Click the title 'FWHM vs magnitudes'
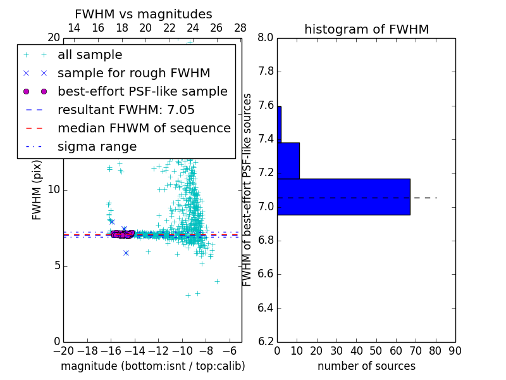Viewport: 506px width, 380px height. point(144,14)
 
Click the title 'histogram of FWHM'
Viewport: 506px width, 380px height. point(366,29)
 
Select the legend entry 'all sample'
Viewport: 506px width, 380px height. point(90,55)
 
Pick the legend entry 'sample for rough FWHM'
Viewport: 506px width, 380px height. point(133,73)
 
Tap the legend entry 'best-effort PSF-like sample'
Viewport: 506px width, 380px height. point(142,91)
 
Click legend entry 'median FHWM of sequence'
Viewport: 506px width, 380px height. point(144,128)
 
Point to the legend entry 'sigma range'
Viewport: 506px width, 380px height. point(97,146)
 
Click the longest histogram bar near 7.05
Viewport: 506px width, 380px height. point(343,197)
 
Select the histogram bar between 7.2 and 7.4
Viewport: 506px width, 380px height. point(288,161)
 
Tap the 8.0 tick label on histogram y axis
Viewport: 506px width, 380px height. point(266,38)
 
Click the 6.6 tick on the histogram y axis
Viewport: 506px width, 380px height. point(266,274)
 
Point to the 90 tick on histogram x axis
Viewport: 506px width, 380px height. point(455,351)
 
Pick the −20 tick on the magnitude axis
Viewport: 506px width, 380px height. point(63,351)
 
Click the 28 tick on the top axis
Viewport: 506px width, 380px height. point(240,28)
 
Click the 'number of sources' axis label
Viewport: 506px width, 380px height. point(366,366)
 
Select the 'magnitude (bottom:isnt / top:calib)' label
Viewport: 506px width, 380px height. point(152,366)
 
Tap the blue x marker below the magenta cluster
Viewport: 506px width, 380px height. point(126,253)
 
